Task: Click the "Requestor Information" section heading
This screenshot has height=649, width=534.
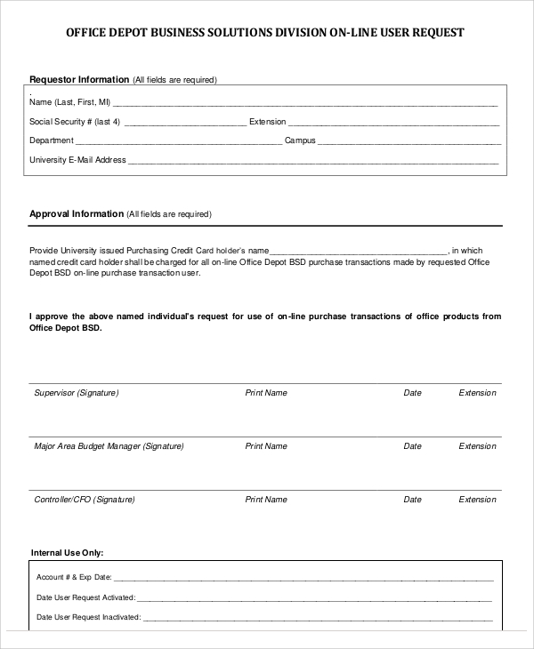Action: pos(79,79)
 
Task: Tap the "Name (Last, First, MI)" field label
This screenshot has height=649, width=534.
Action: pos(70,101)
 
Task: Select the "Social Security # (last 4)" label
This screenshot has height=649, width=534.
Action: pos(75,121)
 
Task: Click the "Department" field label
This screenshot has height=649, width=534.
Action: pos(52,140)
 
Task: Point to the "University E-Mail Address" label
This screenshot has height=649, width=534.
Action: pos(78,160)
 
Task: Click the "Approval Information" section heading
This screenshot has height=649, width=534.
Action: pos(77,213)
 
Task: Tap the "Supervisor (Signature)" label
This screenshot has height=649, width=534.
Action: pos(76,392)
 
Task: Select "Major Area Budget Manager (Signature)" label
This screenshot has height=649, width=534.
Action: pos(109,445)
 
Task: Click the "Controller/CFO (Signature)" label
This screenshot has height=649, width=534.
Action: pos(85,500)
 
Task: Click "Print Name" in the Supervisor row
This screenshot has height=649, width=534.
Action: pos(266,392)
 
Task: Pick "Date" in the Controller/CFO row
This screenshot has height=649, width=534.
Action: pos(412,500)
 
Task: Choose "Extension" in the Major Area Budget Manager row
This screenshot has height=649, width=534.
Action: pos(477,445)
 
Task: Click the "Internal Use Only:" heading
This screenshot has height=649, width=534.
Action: pos(68,552)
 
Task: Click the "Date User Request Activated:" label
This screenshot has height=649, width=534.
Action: pos(86,597)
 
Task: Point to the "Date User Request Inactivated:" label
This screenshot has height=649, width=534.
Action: pos(89,616)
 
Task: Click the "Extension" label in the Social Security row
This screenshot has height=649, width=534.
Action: pos(268,121)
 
